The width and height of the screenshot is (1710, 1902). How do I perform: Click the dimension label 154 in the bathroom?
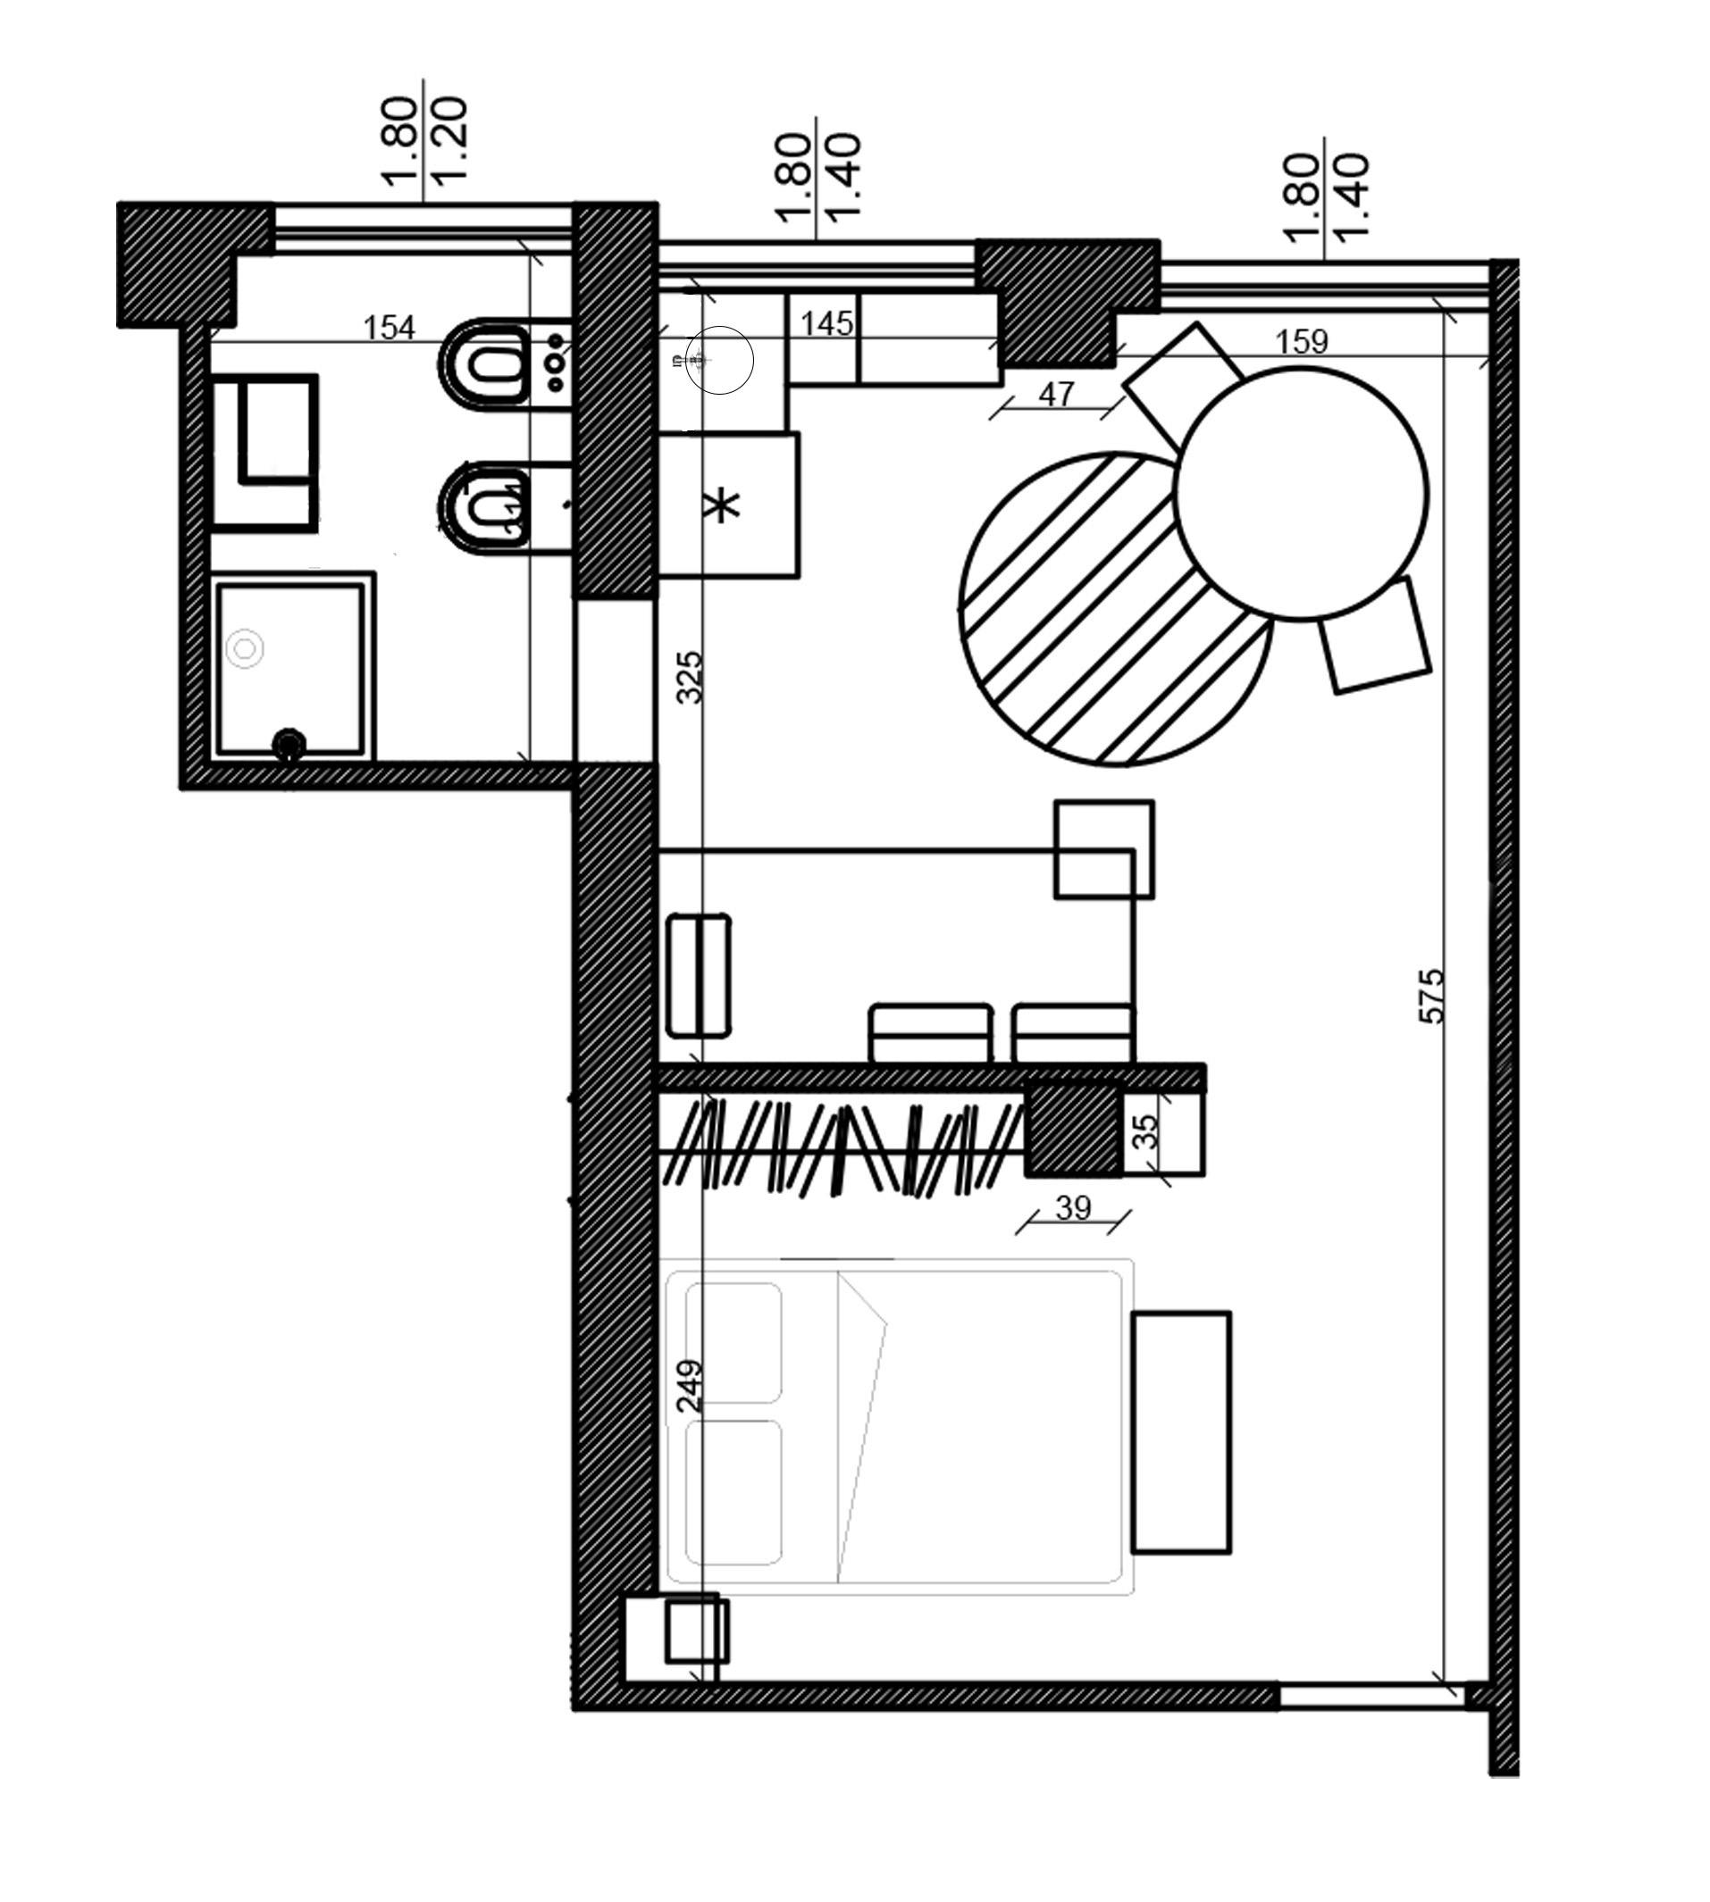click(389, 328)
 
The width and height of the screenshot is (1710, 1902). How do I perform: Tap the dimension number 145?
click(826, 324)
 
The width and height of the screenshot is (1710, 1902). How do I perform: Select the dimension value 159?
click(1302, 341)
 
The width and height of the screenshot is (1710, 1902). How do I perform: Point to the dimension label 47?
click(1056, 394)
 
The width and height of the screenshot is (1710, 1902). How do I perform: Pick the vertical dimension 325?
click(690, 676)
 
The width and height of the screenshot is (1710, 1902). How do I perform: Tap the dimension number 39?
click(1073, 1207)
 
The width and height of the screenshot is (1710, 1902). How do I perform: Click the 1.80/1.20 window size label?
click(424, 141)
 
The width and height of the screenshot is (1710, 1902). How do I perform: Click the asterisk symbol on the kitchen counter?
click(723, 507)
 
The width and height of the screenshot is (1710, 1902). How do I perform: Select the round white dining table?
click(1302, 493)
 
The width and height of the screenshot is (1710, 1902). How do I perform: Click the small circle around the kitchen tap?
click(720, 359)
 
